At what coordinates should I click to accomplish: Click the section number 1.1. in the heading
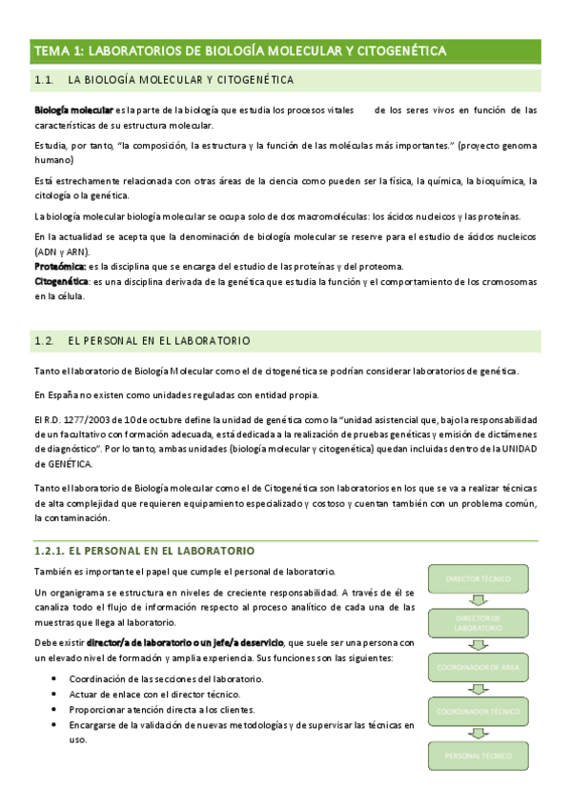(45, 80)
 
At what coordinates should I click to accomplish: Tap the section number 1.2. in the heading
(45, 340)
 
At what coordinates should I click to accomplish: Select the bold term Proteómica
(59, 266)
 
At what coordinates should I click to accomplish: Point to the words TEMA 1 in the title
(58, 50)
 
